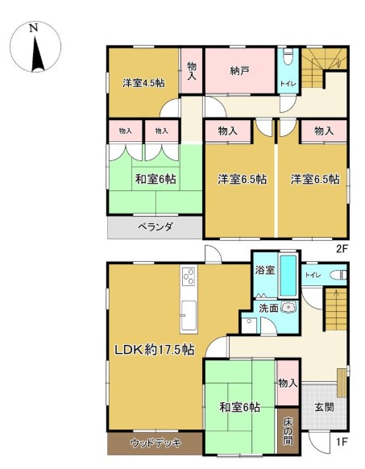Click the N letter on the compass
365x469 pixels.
[x=34, y=28]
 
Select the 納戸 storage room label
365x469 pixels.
[x=239, y=71]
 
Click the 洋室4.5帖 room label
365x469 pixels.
[x=143, y=83]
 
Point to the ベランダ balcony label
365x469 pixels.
[x=155, y=227]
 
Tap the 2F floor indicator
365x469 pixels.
[x=342, y=248]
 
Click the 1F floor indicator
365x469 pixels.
[x=342, y=442]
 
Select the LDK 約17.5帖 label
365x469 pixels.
[x=155, y=350]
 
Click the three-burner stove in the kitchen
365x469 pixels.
[x=189, y=276]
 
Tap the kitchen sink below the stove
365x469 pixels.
[x=189, y=315]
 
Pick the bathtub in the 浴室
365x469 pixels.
[x=288, y=276]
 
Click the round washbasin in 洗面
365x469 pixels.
[x=288, y=308]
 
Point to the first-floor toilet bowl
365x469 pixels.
[x=339, y=275]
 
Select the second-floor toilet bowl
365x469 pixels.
[x=288, y=57]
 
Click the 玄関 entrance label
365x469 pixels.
[x=325, y=407]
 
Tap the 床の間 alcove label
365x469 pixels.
[x=288, y=431]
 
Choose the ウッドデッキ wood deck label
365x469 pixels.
[x=156, y=442]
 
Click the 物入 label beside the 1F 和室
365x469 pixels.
[x=288, y=383]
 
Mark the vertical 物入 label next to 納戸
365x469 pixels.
[x=192, y=71]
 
